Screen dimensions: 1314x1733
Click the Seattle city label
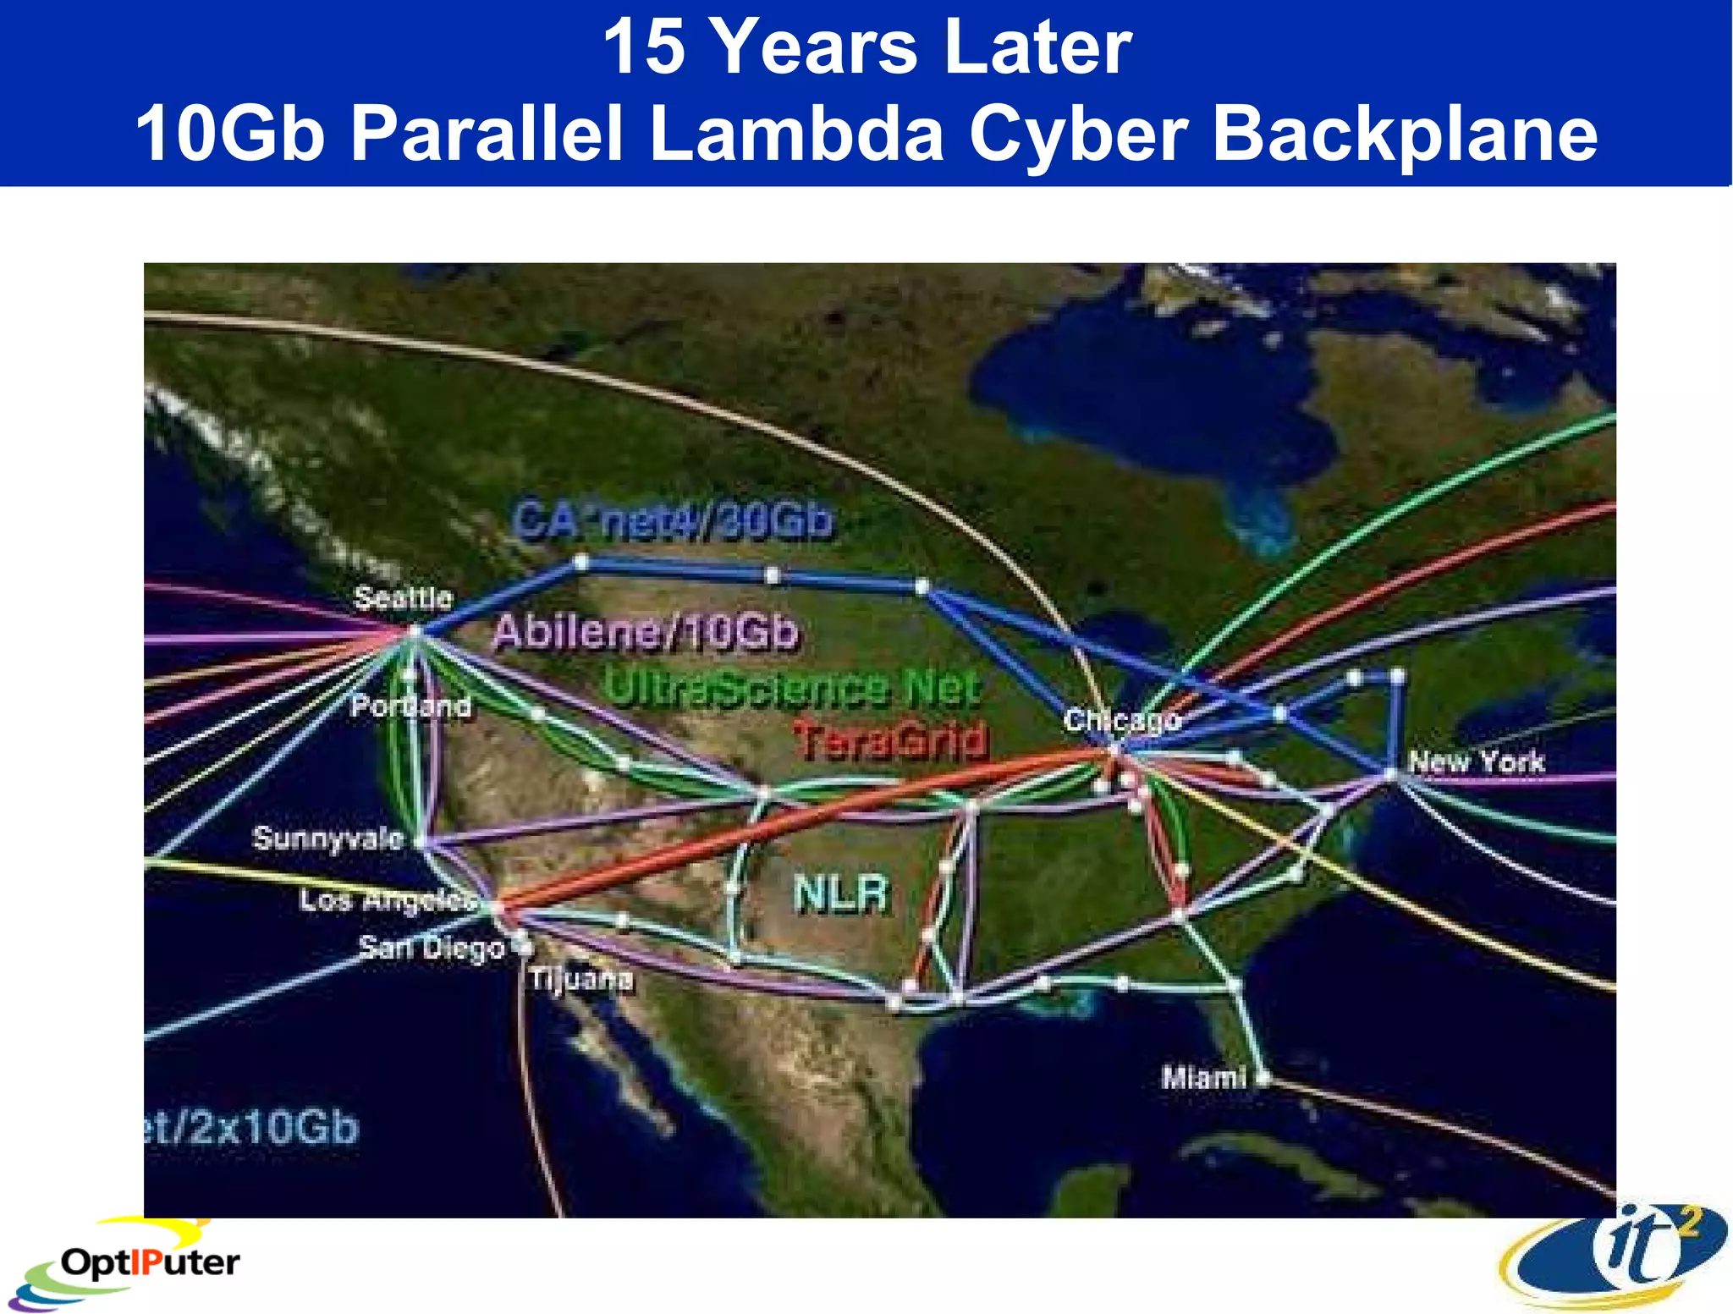pyautogui.click(x=403, y=597)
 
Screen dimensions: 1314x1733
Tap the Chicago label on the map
pyautogui.click(x=1122, y=720)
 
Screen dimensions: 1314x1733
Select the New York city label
pyautogui.click(x=1476, y=761)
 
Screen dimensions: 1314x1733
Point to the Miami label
pyautogui.click(x=1203, y=1078)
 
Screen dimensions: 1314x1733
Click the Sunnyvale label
pyautogui.click(x=328, y=838)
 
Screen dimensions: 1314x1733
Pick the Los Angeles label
pyautogui.click(x=388, y=900)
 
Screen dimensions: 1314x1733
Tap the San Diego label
pyautogui.click(x=432, y=947)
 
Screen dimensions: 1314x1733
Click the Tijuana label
pyautogui.click(x=581, y=979)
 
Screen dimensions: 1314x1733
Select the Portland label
pyautogui.click(x=411, y=706)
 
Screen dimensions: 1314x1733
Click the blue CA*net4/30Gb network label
pyautogui.click(x=673, y=520)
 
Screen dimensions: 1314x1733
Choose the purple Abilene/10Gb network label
pyautogui.click(x=646, y=632)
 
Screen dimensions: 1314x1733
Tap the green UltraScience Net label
pyautogui.click(x=793, y=688)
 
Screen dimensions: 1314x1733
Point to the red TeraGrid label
pyautogui.click(x=890, y=740)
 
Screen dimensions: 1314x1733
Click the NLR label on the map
pyautogui.click(x=842, y=893)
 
